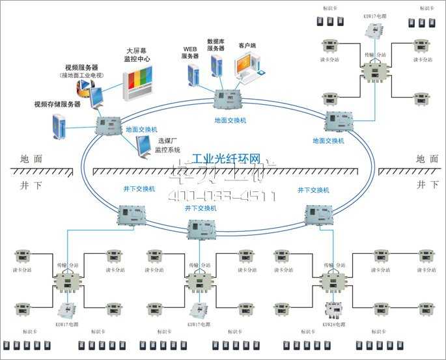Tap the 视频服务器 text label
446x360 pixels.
[82, 66]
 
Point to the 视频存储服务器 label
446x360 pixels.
[58, 104]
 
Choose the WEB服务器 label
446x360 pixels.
[189, 53]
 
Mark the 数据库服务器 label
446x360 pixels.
[216, 44]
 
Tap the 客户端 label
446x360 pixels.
[247, 46]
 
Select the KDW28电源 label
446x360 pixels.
[333, 324]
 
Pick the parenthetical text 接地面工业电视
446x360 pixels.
[83, 75]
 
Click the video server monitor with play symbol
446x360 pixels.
[95, 97]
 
